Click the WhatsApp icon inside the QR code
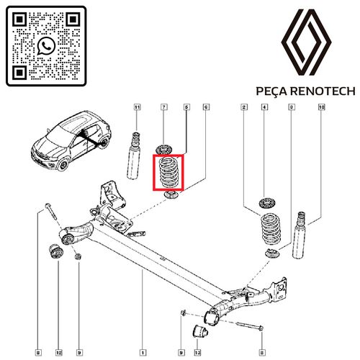[x=46, y=46]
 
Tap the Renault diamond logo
[x=306, y=42]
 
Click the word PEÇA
[x=271, y=91]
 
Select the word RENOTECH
[x=323, y=91]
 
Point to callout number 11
[x=137, y=107]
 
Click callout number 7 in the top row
[x=164, y=107]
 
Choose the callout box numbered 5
[x=186, y=107]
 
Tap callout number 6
[x=206, y=107]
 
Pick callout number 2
[x=244, y=107]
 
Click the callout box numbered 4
[x=264, y=107]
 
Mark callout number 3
[x=292, y=107]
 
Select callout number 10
[x=322, y=107]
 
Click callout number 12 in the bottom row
[x=59, y=353]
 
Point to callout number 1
[x=143, y=353]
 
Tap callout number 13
[x=197, y=353]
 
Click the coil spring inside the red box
[x=168, y=173]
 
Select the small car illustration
[x=71, y=140]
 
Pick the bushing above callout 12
[x=55, y=252]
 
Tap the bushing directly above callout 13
[x=200, y=331]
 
